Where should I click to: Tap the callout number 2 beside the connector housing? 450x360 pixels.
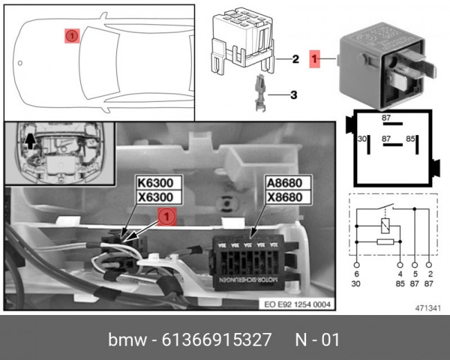[295, 60]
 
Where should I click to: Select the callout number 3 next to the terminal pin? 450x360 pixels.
[294, 95]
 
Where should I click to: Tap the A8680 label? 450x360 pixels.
[287, 184]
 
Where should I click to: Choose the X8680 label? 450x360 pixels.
[287, 198]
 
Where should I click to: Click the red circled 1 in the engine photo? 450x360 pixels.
[166, 217]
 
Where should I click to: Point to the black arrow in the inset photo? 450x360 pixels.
[30, 142]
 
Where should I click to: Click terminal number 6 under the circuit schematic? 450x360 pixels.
[357, 274]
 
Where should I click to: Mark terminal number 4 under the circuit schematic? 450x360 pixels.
[400, 274]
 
